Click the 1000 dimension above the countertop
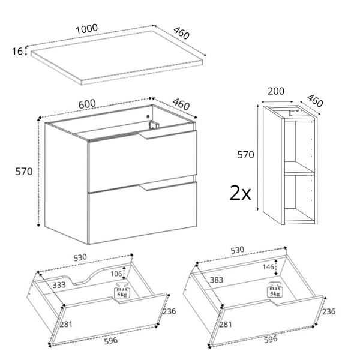(87, 29)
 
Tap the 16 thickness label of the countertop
(17, 51)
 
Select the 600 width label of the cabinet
(87, 104)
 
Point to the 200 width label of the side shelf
(276, 91)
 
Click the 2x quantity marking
(241, 193)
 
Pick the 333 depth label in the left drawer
(59, 285)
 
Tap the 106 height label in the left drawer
(116, 274)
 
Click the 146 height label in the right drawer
(268, 267)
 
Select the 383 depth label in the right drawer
(217, 280)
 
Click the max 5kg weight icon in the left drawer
(122, 290)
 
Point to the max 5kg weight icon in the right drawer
(275, 289)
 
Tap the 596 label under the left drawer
(111, 341)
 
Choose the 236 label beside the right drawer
(329, 311)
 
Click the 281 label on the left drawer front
(66, 324)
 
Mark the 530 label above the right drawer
(238, 250)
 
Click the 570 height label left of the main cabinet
(24, 172)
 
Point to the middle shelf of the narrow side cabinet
(299, 168)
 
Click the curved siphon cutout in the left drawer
(87, 275)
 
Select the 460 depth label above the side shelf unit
(315, 101)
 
